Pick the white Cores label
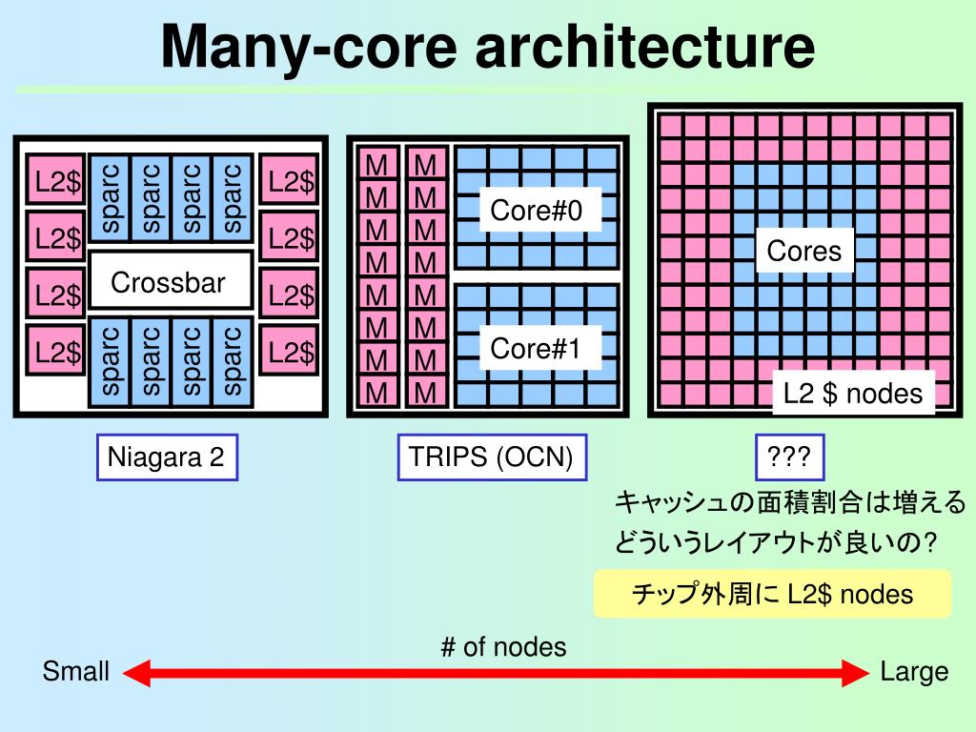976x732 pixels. coord(804,252)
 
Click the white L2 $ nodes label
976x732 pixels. coord(853,393)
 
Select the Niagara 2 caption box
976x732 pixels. coord(166,457)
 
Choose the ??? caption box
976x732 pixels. coord(789,457)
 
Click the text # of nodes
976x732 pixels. coord(503,647)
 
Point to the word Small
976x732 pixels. coord(76,672)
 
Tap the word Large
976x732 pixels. coord(914,672)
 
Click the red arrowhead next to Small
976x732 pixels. coord(137,673)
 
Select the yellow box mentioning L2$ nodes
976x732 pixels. coord(772,594)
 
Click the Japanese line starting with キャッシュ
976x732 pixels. coord(790,502)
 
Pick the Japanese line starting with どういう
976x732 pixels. coord(776,542)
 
